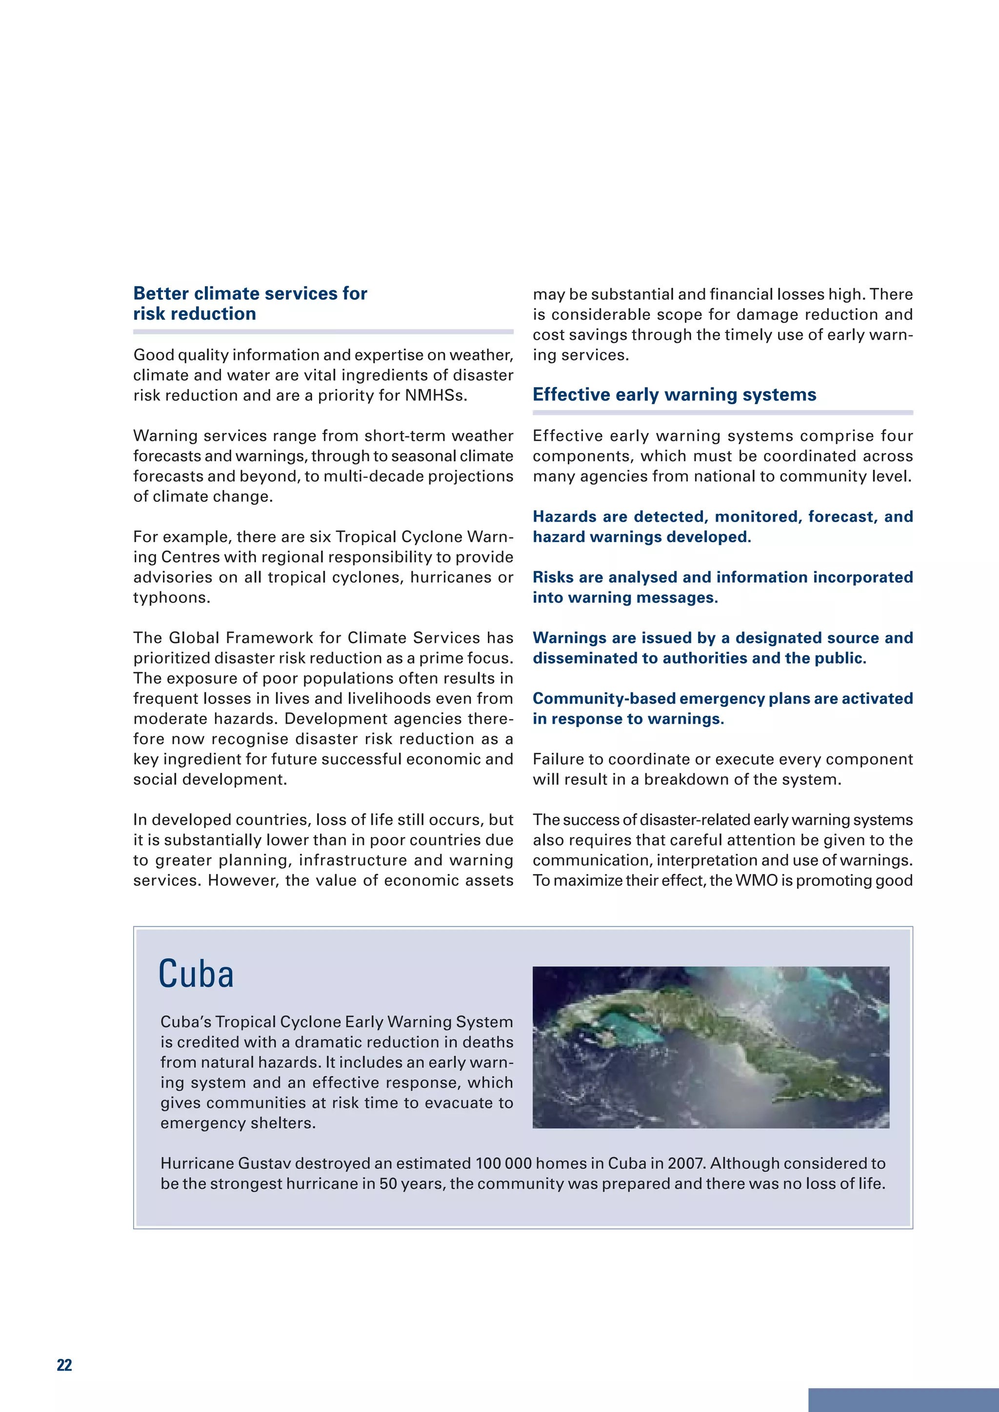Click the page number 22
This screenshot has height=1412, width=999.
(64, 1365)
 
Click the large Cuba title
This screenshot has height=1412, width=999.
(196, 975)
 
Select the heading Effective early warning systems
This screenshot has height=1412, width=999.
(674, 394)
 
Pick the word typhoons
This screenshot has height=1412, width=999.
(172, 598)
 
